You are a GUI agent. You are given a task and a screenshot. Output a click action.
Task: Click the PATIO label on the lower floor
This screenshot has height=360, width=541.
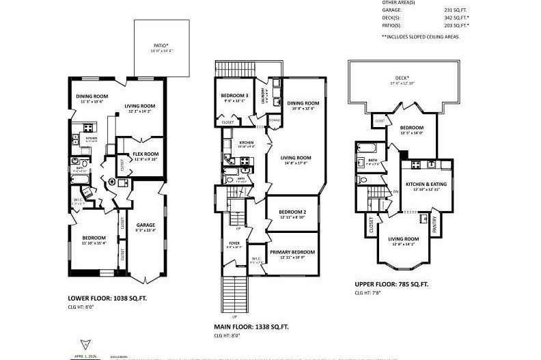[x=161, y=47]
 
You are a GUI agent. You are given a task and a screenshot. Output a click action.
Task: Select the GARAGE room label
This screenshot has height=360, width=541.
[x=145, y=225]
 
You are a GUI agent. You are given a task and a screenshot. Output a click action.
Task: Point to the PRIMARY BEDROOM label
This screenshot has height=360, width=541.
[x=292, y=252]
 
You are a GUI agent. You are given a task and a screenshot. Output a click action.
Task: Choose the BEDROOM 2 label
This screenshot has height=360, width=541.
[x=292, y=212]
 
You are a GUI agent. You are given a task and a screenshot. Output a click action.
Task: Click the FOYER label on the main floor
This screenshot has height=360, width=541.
[x=233, y=243]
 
